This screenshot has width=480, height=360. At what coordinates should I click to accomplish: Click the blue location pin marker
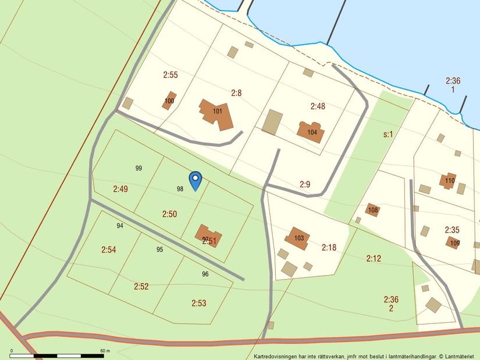click(x=195, y=180)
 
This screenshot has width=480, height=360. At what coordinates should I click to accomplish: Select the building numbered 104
click(x=311, y=131)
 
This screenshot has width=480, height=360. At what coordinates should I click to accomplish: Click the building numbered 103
click(x=298, y=238)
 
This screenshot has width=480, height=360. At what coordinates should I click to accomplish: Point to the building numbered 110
click(x=449, y=180)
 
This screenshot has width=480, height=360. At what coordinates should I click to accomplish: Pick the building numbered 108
click(x=373, y=210)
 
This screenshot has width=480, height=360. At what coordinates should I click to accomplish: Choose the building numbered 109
click(x=454, y=243)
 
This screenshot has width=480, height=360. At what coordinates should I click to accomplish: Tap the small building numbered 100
click(x=169, y=101)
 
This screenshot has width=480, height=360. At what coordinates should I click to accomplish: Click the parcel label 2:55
click(x=170, y=75)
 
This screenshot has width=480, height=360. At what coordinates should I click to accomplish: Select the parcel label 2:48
click(x=318, y=106)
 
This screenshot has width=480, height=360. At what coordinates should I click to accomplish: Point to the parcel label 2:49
click(x=120, y=189)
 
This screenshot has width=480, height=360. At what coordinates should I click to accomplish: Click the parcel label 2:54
click(x=109, y=250)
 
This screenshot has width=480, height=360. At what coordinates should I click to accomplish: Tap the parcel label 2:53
click(x=199, y=302)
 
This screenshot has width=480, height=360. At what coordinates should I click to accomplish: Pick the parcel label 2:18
click(x=329, y=248)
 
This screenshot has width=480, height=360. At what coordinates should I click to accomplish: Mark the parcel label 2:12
click(x=374, y=258)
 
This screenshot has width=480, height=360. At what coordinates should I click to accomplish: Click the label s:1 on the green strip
click(x=388, y=134)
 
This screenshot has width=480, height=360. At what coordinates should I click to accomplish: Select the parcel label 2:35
click(x=452, y=230)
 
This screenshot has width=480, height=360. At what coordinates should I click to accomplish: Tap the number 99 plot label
click(x=138, y=168)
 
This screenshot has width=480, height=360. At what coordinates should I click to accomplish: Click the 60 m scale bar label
click(x=105, y=351)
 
